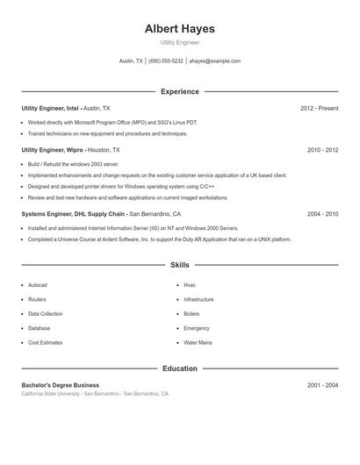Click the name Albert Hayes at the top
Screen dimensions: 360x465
click(180, 29)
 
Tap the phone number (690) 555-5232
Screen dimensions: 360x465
click(166, 61)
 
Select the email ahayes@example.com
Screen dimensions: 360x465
click(214, 61)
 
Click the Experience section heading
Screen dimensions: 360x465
click(180, 91)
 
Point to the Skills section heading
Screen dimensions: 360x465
click(180, 264)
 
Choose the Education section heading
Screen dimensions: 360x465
click(180, 368)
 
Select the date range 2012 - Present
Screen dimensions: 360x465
click(319, 108)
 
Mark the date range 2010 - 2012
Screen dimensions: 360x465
click(322, 150)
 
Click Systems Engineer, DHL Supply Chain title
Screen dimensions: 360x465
click(74, 213)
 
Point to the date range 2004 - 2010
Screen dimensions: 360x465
click(322, 213)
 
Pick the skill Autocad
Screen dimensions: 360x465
click(38, 285)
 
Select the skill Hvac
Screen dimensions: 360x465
click(190, 285)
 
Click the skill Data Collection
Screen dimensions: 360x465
click(46, 313)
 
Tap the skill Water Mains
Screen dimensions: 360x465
click(198, 342)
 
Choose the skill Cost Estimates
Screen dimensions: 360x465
click(46, 342)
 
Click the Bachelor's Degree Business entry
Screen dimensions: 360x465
click(61, 385)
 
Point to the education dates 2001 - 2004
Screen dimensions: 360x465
click(322, 385)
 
